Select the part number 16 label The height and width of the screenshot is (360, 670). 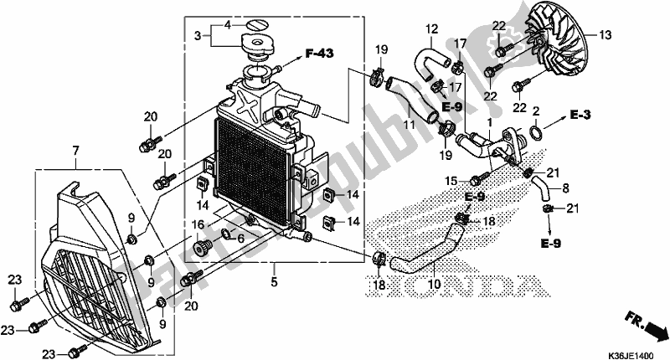[x=198, y=224]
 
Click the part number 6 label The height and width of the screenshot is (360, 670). [x=240, y=239]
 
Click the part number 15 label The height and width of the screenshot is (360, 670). [x=451, y=180]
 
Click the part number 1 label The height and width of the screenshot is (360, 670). [x=483, y=122]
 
